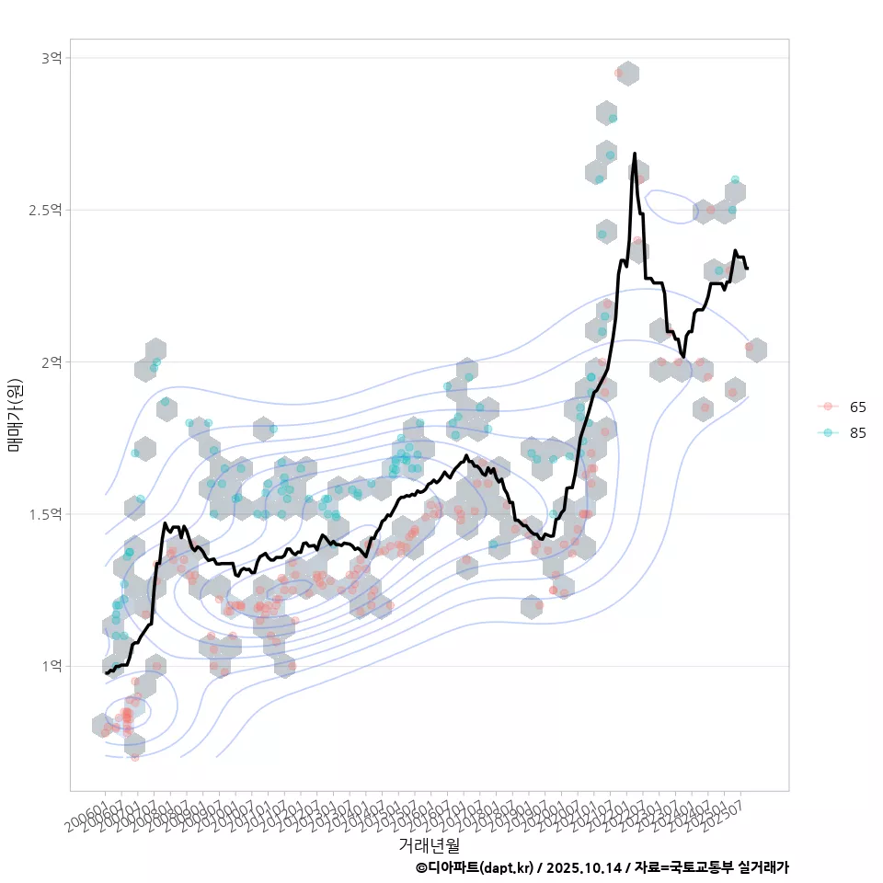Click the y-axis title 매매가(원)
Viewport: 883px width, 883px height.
click(x=16, y=414)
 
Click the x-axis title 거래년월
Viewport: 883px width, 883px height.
click(x=430, y=843)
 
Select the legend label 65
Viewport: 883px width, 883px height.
click(x=858, y=407)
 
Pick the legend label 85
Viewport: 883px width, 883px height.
click(x=858, y=433)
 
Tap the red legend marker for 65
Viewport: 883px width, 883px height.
click(x=828, y=407)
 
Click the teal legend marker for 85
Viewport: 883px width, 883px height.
click(x=828, y=433)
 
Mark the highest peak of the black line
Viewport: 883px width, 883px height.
click(x=635, y=154)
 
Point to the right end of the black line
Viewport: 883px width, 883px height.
click(x=747, y=268)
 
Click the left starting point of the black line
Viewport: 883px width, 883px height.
click(x=106, y=673)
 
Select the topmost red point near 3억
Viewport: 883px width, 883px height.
click(x=619, y=73)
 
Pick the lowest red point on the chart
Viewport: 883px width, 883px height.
click(x=135, y=757)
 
